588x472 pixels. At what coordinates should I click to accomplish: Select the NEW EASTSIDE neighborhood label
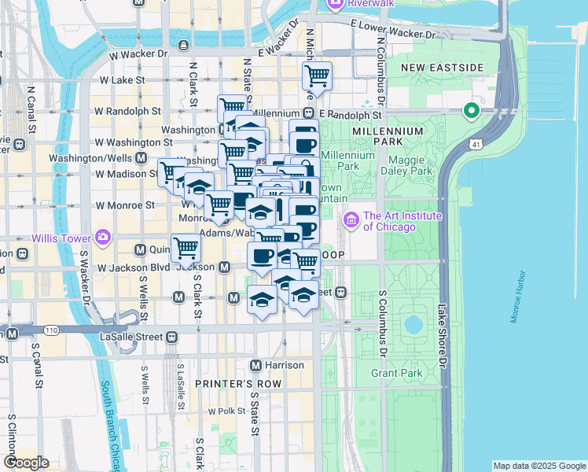coord(441,68)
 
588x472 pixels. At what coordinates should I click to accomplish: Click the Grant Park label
coord(397,373)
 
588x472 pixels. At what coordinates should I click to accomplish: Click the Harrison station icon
coord(255,365)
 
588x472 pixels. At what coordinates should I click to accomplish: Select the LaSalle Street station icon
coord(171,336)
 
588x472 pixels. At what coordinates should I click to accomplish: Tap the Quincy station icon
coord(141,249)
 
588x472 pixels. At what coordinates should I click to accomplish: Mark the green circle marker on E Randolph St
coord(472,111)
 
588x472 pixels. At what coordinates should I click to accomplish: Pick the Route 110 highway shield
coord(51,330)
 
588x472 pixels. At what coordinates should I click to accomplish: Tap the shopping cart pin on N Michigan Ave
coord(317,76)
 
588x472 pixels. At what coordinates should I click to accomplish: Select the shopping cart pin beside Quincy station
coord(186,248)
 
